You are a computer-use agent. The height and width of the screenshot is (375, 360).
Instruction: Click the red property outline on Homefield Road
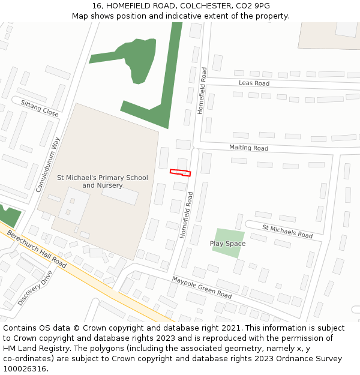tap(180, 173)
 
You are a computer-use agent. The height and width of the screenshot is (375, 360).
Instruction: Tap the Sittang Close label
tap(40, 109)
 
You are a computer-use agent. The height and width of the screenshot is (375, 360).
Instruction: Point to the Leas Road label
tap(254, 83)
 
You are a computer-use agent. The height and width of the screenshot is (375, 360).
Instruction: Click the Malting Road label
tap(248, 148)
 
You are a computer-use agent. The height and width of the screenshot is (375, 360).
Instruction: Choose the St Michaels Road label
tap(287, 231)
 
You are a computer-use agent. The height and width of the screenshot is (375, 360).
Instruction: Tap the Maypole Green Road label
tap(202, 287)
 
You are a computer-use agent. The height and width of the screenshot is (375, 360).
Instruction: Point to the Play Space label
tap(227, 244)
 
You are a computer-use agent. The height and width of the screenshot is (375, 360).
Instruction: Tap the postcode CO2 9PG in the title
tap(253, 6)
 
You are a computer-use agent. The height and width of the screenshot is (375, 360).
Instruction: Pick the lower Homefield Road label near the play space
tap(186, 215)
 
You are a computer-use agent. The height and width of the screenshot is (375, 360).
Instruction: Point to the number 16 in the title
tap(97, 6)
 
